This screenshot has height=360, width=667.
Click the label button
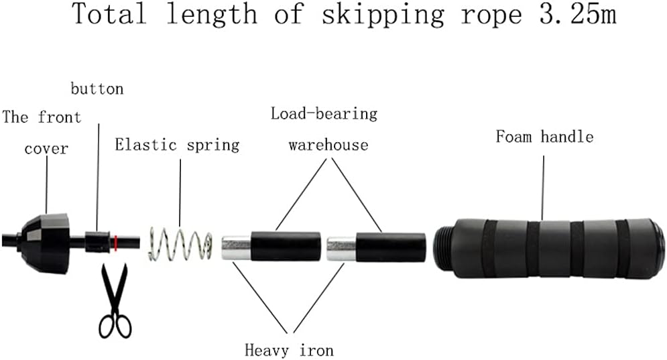(x=97, y=88)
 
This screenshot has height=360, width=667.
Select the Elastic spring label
(x=177, y=145)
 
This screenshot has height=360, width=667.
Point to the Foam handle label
(x=544, y=137)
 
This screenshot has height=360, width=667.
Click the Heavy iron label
(x=289, y=350)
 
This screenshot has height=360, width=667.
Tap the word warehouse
(x=328, y=145)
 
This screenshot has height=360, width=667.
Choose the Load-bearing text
(x=324, y=113)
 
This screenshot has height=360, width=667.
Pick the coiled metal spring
(x=180, y=244)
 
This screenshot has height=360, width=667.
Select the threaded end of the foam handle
(x=442, y=247)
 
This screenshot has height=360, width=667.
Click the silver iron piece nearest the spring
(x=235, y=247)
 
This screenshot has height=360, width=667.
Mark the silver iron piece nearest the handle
(x=341, y=247)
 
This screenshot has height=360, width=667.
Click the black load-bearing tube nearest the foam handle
(x=390, y=247)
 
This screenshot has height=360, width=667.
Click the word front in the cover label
(x=59, y=118)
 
